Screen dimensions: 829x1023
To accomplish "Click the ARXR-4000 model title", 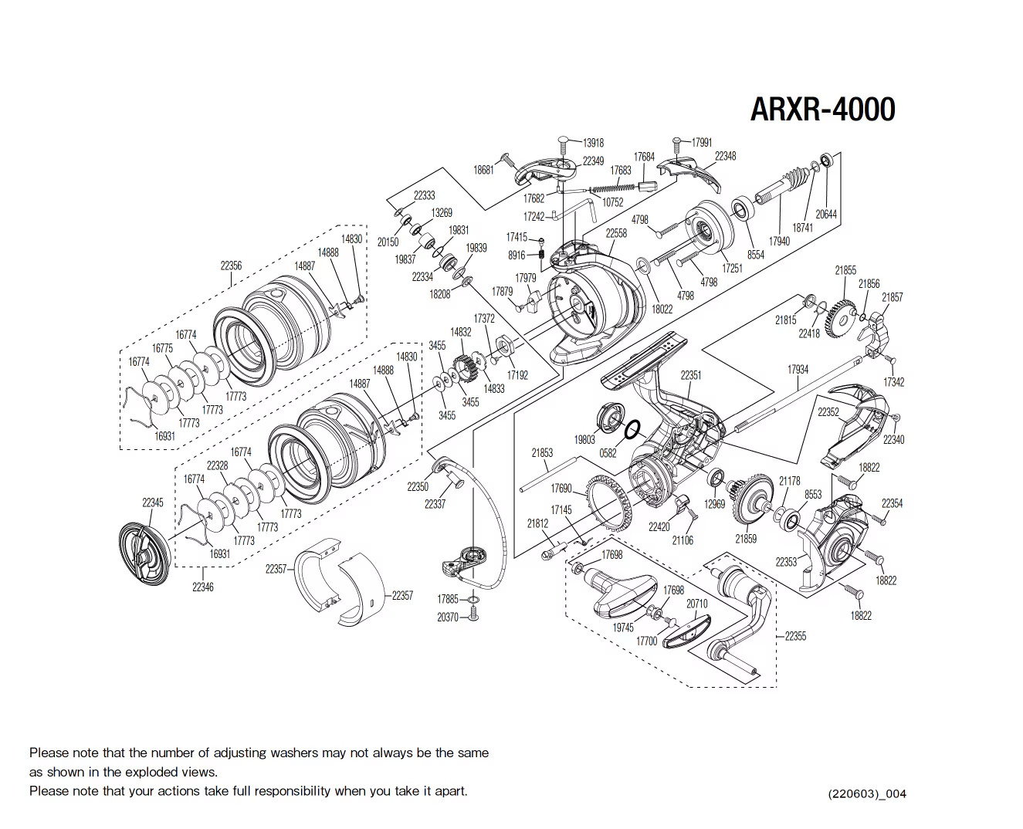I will [822, 110].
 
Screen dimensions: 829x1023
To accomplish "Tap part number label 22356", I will [231, 266].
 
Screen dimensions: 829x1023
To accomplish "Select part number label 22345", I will [153, 502].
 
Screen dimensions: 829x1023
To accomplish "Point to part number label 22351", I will [690, 375].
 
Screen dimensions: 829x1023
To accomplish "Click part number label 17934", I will [798, 370].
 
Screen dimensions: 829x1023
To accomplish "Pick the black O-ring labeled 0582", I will [630, 428].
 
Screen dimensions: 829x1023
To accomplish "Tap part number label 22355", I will [795, 636].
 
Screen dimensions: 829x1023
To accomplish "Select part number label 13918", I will [593, 143].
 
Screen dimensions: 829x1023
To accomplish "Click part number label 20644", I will [826, 215].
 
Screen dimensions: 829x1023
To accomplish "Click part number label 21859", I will [746, 539].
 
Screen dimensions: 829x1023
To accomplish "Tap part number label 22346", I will [202, 587].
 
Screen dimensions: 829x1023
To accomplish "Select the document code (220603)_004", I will [866, 793].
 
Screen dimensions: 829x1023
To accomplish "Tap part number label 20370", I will [448, 618].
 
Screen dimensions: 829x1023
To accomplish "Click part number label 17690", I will [561, 489].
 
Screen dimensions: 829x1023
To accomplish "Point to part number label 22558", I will [616, 233].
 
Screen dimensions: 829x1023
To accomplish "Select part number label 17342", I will [893, 382].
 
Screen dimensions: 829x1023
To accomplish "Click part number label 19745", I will [623, 628].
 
